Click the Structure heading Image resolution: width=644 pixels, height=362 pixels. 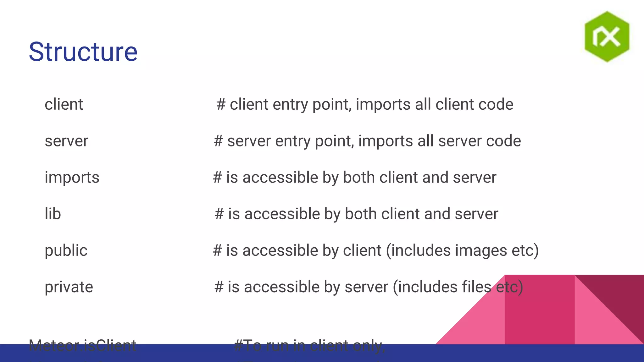point(83,52)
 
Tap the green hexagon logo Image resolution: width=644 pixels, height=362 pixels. point(607,36)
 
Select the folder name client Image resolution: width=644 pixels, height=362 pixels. point(64,104)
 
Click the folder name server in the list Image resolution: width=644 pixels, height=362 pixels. point(66,141)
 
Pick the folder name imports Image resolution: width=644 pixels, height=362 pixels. point(72,178)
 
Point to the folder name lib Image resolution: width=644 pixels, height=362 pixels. point(53,214)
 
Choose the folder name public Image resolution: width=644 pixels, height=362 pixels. point(66,250)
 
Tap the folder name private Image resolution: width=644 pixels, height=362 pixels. point(69,287)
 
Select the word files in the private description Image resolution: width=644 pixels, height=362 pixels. point(476,287)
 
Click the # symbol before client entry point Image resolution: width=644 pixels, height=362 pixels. point(221,104)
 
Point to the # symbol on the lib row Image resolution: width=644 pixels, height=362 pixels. point(219,214)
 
